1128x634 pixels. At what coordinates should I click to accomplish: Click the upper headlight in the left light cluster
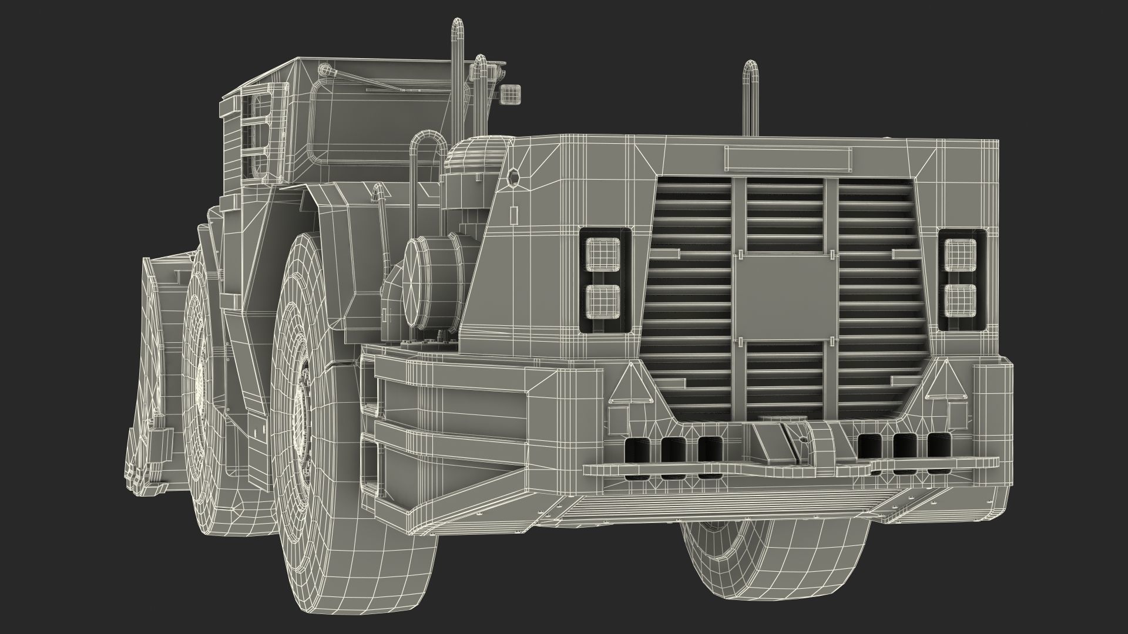tap(605, 254)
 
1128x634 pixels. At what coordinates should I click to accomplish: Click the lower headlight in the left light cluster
tap(605, 300)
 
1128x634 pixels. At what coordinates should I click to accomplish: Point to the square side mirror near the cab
tap(509, 93)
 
